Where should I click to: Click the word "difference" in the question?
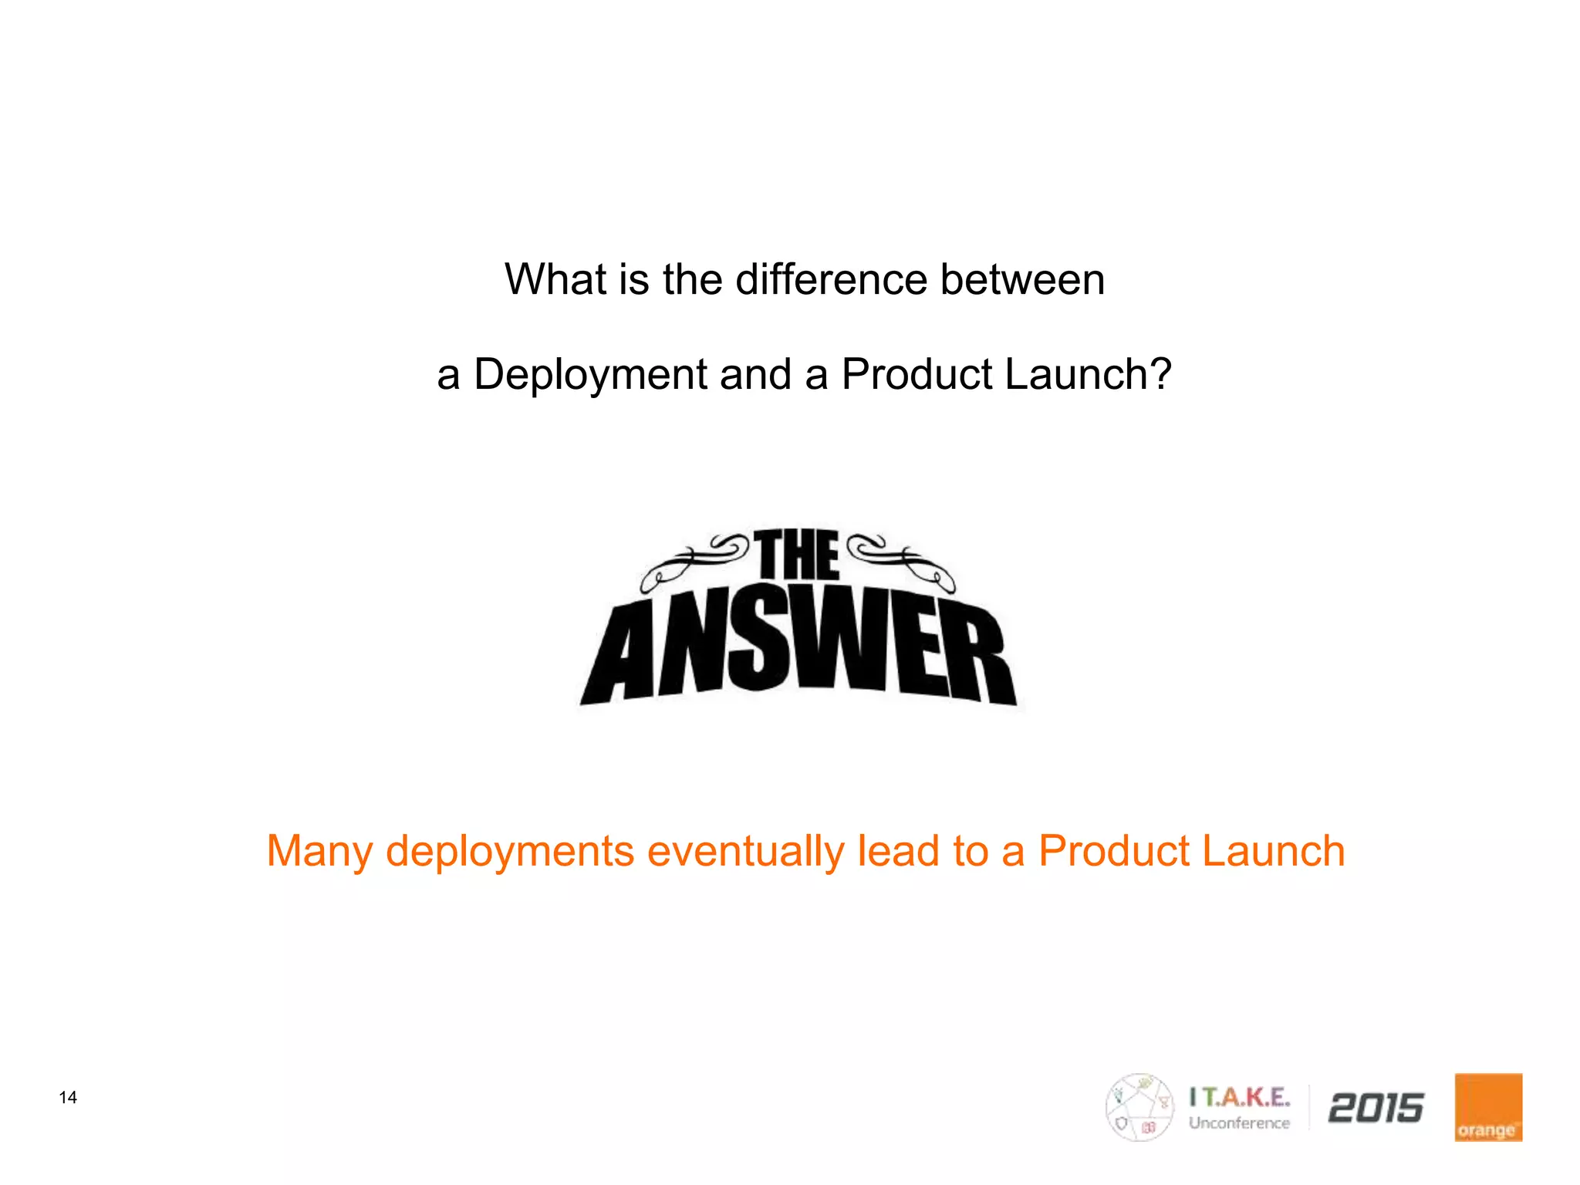[x=831, y=279]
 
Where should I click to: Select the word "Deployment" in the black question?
[x=590, y=376]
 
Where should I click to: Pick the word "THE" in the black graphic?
[x=797, y=555]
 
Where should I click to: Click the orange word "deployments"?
[x=510, y=852]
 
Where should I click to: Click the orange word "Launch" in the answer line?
[x=1273, y=851]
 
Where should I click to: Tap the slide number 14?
[x=68, y=1098]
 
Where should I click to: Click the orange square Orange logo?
[x=1488, y=1107]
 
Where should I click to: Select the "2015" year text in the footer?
[x=1376, y=1109]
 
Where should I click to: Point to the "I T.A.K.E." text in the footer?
[x=1239, y=1097]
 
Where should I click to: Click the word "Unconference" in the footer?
[x=1239, y=1123]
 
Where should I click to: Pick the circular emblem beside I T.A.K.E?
[x=1139, y=1107]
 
